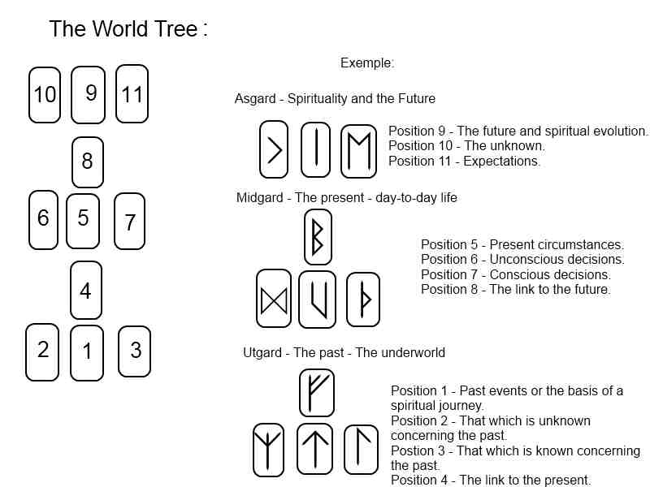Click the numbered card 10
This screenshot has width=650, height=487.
[45, 95]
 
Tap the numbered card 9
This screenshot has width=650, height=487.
[89, 93]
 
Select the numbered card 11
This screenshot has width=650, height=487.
[132, 93]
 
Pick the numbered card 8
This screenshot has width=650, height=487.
[88, 162]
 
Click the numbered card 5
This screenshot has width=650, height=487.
[83, 221]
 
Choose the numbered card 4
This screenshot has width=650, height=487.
[86, 291]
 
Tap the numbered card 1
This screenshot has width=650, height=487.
[87, 352]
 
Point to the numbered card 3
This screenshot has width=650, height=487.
[135, 351]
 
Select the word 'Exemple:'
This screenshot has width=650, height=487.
[367, 62]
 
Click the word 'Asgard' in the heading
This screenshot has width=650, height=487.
[254, 99]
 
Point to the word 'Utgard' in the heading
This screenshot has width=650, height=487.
[263, 353]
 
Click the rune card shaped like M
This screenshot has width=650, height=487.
[358, 150]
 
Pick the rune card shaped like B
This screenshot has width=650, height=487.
[318, 237]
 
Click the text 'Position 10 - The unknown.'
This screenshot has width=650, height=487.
[466, 146]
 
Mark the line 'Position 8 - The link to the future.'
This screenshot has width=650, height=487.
[516, 289]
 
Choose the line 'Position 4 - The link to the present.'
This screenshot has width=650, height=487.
[491, 481]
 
